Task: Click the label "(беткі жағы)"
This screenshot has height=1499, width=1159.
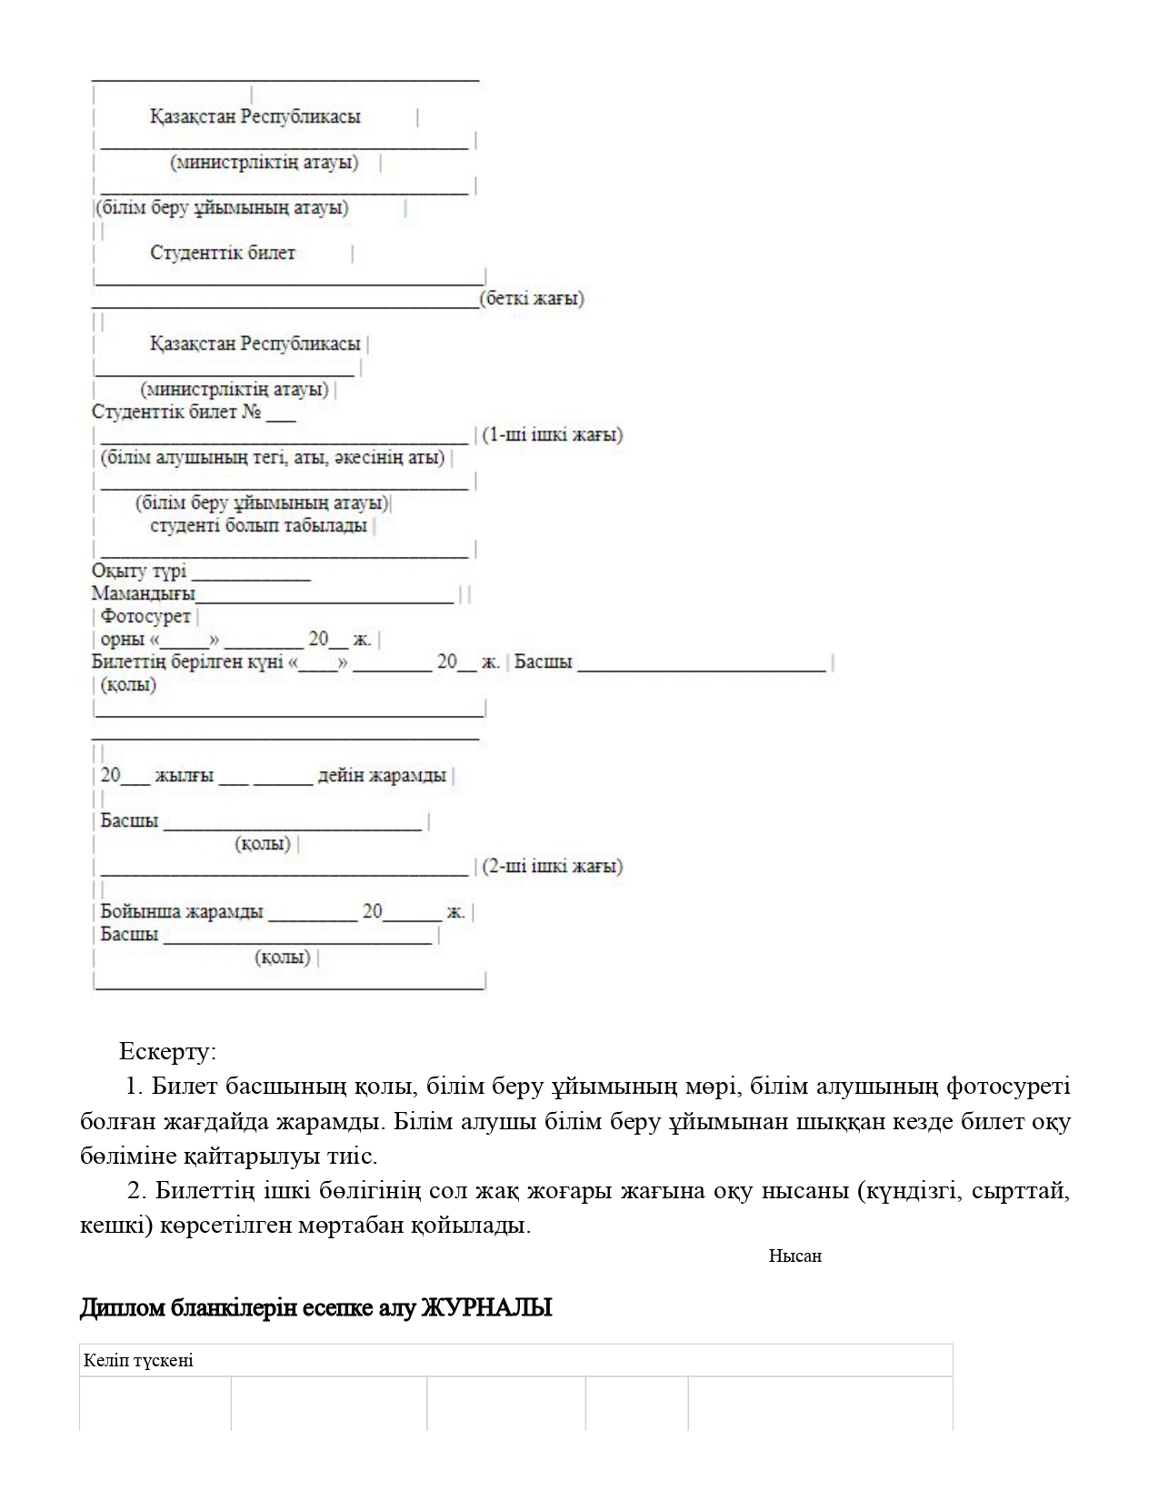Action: (x=532, y=298)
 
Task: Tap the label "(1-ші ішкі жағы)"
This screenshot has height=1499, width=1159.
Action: (x=553, y=434)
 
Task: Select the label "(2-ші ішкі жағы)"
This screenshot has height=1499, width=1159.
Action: (x=553, y=866)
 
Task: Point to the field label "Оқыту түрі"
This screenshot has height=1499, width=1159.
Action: (x=139, y=571)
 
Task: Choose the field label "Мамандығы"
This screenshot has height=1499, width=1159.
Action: (x=144, y=594)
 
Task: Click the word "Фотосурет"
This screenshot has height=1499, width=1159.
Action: (x=145, y=617)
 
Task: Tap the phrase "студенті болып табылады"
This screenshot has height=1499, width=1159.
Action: (x=258, y=526)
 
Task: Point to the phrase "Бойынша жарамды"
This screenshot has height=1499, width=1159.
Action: (x=182, y=911)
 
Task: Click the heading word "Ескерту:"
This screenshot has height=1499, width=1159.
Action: (x=168, y=1052)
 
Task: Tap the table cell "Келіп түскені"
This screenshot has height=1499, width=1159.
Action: (x=138, y=1361)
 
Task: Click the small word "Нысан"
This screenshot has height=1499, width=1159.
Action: (x=795, y=1256)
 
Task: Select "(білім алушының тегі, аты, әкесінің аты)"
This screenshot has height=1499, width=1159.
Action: (x=273, y=458)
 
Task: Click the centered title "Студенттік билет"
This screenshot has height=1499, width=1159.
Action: (x=223, y=253)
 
